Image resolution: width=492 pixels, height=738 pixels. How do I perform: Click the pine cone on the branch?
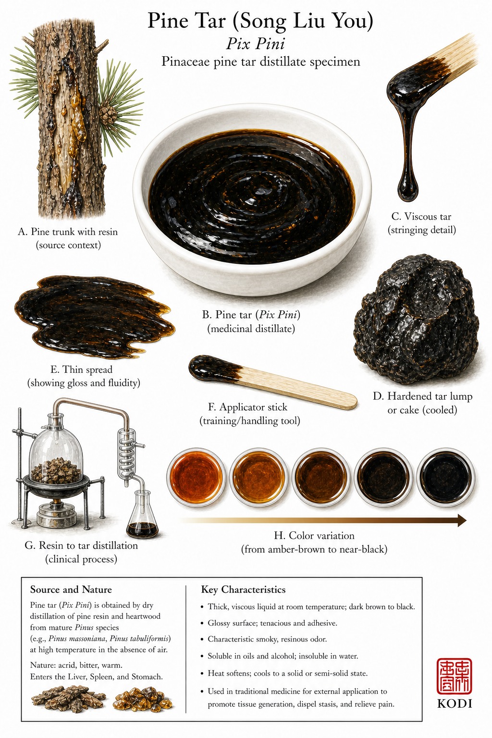pos(108,116)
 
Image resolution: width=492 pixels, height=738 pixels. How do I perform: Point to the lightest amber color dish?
pos(196,478)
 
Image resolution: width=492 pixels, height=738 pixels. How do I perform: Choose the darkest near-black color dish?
pos(446,478)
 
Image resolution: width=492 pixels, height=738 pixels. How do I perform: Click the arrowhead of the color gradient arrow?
pos(461,520)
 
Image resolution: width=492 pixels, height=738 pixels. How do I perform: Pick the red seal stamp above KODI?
pos(454,676)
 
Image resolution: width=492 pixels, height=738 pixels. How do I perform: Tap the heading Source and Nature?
pos(71,590)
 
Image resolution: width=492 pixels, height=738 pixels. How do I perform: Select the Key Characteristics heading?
pos(243,590)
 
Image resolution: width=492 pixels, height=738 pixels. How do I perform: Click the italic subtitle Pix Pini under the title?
pos(256,44)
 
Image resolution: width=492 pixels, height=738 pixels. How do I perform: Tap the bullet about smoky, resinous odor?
pos(267,640)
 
